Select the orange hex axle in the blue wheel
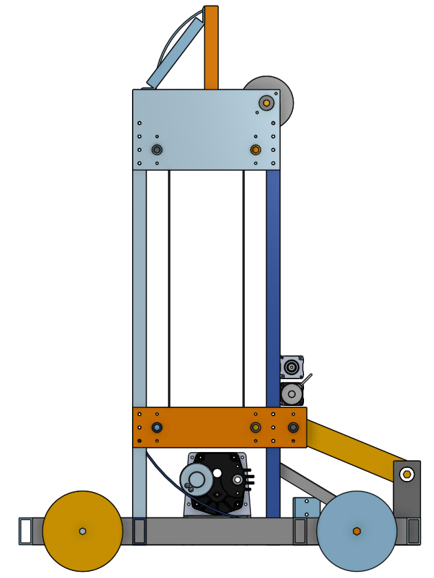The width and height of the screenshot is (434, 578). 356,531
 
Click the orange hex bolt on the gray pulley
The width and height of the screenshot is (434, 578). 266,103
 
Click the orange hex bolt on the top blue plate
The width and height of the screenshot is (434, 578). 255,150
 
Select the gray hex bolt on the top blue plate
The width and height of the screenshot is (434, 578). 157,150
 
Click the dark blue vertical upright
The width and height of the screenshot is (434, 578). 273,275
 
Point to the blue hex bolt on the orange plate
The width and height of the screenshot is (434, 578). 157,427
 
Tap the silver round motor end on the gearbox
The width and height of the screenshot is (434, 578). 195,480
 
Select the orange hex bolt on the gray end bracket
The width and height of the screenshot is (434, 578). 407,475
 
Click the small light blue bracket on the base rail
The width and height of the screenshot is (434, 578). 306,508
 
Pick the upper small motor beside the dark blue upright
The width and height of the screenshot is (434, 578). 292,367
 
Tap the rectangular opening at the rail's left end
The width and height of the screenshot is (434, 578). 25,531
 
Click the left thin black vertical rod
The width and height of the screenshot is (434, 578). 169,289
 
